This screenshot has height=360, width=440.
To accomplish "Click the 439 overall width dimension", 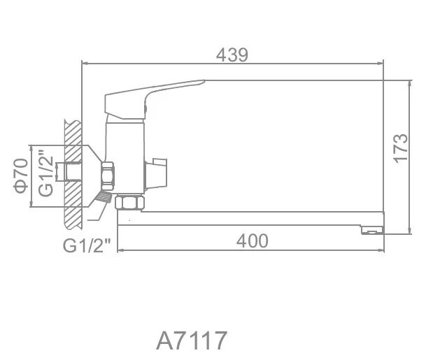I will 233,55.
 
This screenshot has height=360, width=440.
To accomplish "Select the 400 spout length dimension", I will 252,241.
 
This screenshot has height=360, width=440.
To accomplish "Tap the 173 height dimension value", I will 399,147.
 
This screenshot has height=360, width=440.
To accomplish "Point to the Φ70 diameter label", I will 21,175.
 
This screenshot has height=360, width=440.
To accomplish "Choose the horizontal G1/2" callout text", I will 87,246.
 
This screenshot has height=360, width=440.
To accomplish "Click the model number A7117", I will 191,340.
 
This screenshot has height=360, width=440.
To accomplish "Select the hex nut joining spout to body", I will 129,203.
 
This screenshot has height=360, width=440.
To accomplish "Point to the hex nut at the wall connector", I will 108,175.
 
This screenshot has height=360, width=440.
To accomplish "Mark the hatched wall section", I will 72,175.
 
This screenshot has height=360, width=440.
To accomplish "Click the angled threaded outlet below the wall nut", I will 104,199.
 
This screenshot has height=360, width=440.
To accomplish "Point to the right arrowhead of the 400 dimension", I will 381,250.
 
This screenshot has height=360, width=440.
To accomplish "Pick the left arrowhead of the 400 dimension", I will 120,250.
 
